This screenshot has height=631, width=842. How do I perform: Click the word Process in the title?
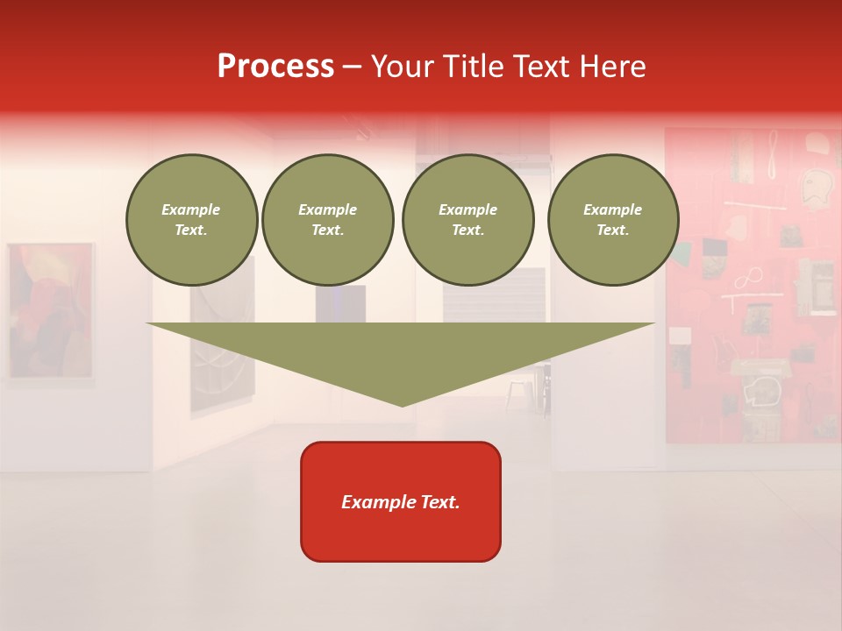275,66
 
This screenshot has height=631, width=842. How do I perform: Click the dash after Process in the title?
352,67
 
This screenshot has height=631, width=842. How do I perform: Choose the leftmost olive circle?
192,220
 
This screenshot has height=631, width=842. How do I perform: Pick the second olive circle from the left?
328,220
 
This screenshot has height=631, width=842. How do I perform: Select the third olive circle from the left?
468,220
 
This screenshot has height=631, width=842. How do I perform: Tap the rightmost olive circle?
613,220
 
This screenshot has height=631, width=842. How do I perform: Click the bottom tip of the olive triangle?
403,405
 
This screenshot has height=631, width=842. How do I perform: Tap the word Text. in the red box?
438,502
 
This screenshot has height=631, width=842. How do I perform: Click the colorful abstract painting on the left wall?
51,311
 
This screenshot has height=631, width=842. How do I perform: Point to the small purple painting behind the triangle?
340,302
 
